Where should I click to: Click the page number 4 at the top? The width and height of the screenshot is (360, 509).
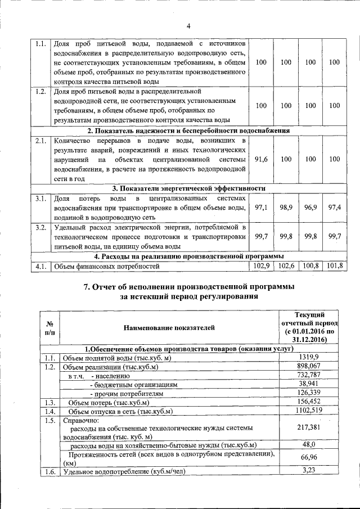coord(189,26)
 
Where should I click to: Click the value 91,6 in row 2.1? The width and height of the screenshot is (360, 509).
coord(261,159)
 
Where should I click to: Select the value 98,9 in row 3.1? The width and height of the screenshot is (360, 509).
coord(286,208)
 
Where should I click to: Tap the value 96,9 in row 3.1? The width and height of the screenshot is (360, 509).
coord(310,208)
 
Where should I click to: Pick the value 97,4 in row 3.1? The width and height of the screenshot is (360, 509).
coord(335,208)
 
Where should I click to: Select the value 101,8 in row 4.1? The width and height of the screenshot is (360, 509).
coord(335,265)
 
